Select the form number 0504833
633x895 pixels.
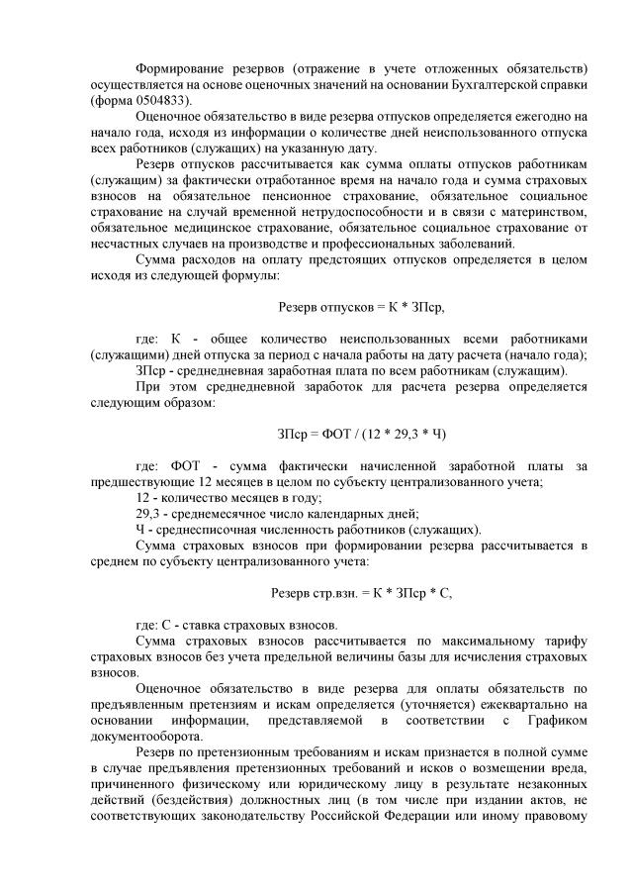(x=163, y=100)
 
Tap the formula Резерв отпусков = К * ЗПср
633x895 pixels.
(x=361, y=308)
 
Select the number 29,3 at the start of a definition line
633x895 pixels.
(x=149, y=513)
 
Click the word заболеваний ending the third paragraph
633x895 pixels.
(x=452, y=244)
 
